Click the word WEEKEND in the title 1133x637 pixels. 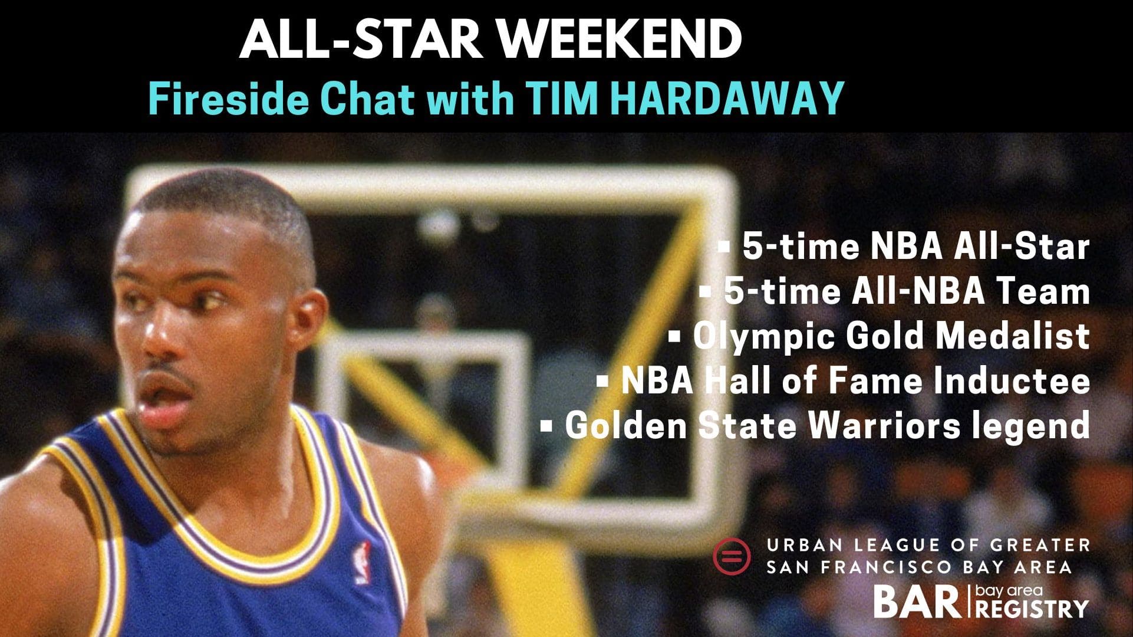(x=625, y=40)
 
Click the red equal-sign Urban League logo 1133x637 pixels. (x=732, y=555)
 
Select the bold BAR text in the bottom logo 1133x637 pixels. (x=917, y=602)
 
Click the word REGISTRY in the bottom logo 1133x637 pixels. (x=1032, y=609)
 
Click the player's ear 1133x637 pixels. (x=308, y=313)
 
